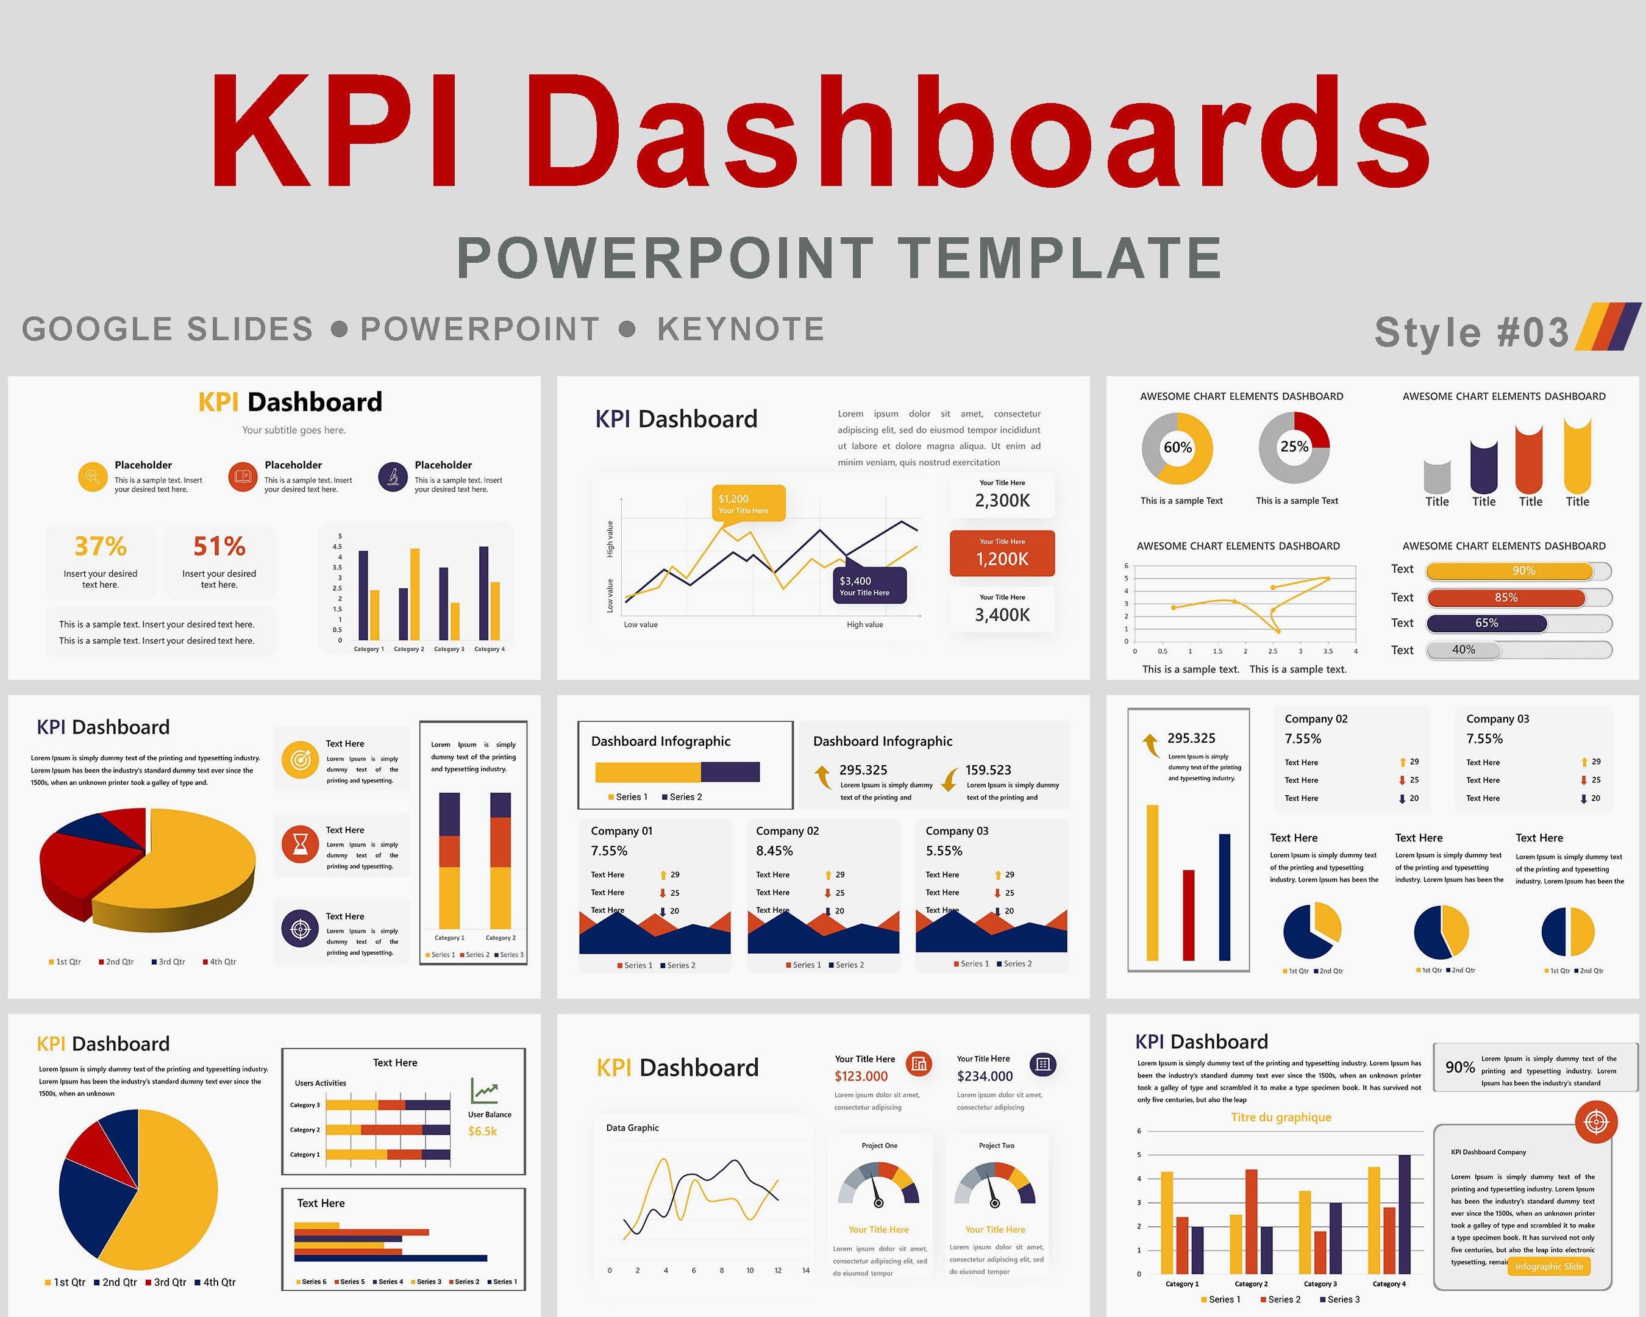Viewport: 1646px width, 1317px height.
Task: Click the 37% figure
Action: point(101,547)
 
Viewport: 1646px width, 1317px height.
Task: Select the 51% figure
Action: point(219,547)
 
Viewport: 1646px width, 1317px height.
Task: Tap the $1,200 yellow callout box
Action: point(748,504)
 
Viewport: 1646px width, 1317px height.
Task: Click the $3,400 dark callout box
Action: point(869,585)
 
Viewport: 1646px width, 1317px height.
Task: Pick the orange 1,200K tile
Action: point(1002,554)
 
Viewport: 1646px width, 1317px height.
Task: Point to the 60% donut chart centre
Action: point(1177,448)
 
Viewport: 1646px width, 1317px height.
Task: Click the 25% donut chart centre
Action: point(1294,448)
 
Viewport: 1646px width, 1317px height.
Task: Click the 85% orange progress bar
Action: point(1506,598)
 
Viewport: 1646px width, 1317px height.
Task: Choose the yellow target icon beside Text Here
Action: point(301,760)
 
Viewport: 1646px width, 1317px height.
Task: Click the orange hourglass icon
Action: point(301,844)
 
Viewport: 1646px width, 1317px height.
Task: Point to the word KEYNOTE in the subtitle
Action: point(741,330)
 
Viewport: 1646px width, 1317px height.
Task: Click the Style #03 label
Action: point(1471,333)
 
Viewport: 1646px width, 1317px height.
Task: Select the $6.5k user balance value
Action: point(482,1132)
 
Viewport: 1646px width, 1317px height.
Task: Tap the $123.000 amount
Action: point(861,1077)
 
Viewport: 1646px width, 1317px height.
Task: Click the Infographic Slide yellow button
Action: point(1549,1266)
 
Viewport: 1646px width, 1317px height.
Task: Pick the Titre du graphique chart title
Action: point(1281,1118)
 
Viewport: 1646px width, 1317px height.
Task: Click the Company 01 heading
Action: point(621,832)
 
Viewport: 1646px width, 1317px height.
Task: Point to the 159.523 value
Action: point(988,770)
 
